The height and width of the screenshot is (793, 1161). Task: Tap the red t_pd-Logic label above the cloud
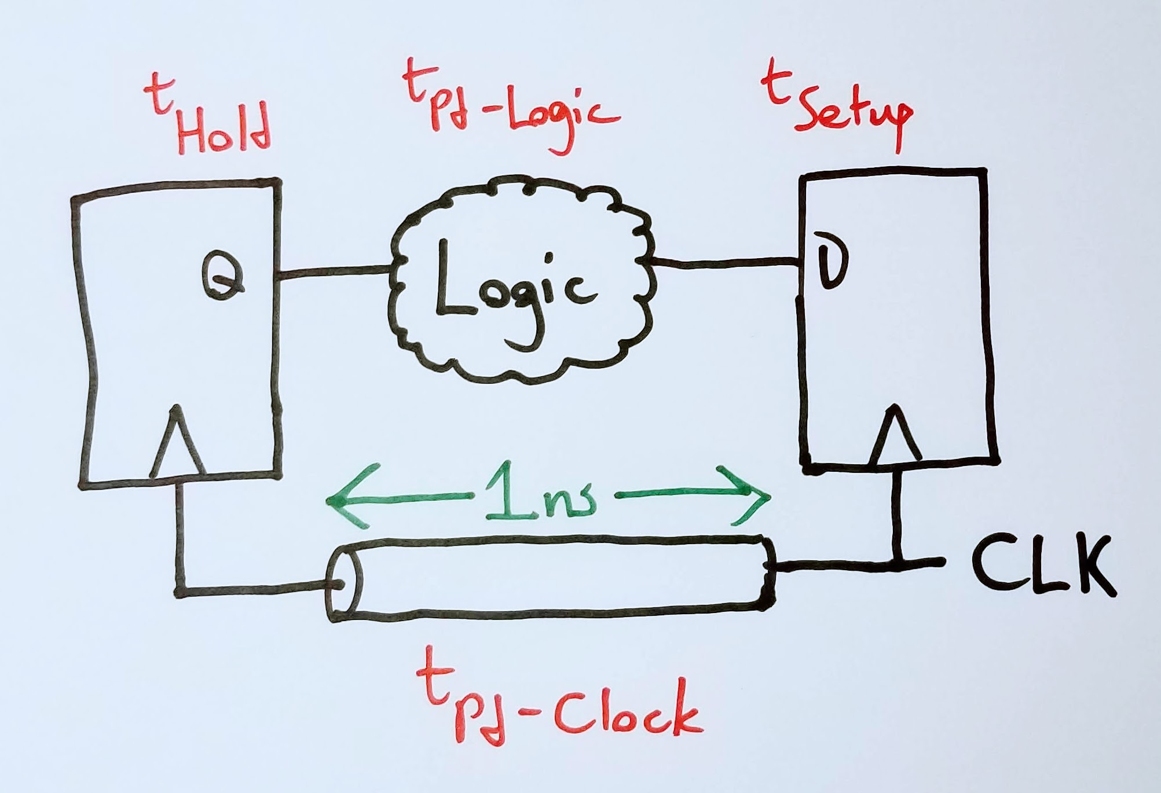[510, 107]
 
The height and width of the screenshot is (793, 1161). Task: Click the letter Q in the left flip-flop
[223, 276]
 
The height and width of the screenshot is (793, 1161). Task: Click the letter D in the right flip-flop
[831, 260]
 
